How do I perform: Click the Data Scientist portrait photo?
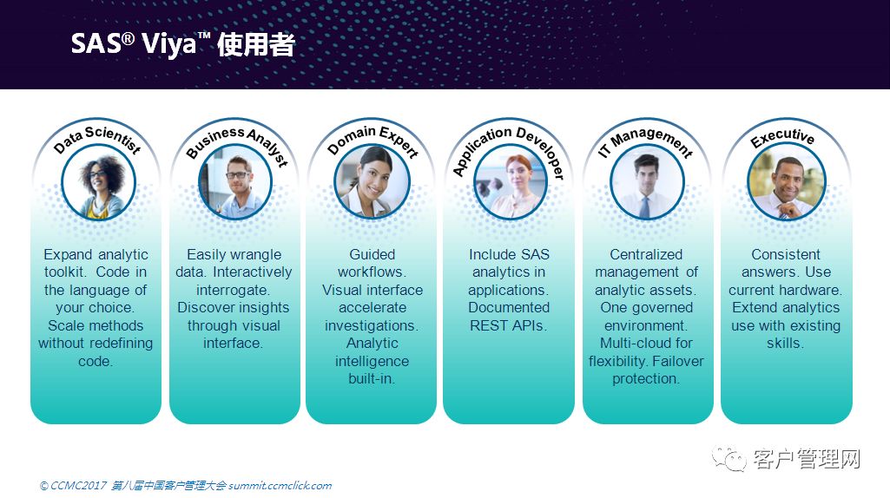click(98, 182)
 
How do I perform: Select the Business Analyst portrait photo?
click(235, 182)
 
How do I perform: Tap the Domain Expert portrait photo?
click(372, 182)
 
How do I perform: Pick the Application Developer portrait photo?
click(510, 182)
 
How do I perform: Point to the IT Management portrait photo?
click(647, 182)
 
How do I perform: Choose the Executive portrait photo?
click(786, 182)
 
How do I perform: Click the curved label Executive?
click(782, 137)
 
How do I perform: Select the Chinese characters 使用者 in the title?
click(256, 44)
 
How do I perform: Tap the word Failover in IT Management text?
click(678, 361)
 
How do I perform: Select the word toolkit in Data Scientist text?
click(63, 272)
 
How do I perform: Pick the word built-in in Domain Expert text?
click(372, 378)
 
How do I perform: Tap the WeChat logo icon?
click(728, 458)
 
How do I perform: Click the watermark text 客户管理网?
click(807, 458)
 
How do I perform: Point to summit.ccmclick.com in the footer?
click(280, 486)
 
